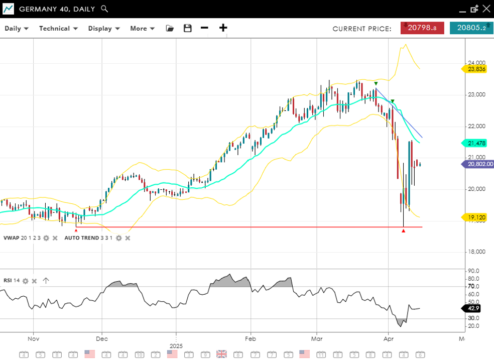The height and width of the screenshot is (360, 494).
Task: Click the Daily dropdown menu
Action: [x=17, y=29]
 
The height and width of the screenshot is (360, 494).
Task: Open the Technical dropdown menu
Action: [x=58, y=29]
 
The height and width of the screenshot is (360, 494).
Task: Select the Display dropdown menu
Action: [x=104, y=29]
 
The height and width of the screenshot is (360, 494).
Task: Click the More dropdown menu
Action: [x=142, y=29]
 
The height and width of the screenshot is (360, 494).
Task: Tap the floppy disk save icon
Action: [x=188, y=29]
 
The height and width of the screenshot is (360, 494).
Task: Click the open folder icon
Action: [x=170, y=29]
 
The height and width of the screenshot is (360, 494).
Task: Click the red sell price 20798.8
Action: [x=422, y=28]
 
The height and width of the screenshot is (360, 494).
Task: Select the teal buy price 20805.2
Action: [x=471, y=28]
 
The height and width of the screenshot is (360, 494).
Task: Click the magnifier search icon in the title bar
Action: [x=104, y=9]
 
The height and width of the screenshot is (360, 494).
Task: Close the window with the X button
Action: [x=486, y=9]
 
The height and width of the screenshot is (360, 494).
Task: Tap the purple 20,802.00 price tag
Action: [x=479, y=164]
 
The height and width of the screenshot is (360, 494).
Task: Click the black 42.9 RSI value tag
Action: [x=473, y=308]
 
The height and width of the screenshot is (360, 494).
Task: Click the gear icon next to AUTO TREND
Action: [x=119, y=237]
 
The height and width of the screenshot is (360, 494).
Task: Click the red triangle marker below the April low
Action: [x=404, y=230]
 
